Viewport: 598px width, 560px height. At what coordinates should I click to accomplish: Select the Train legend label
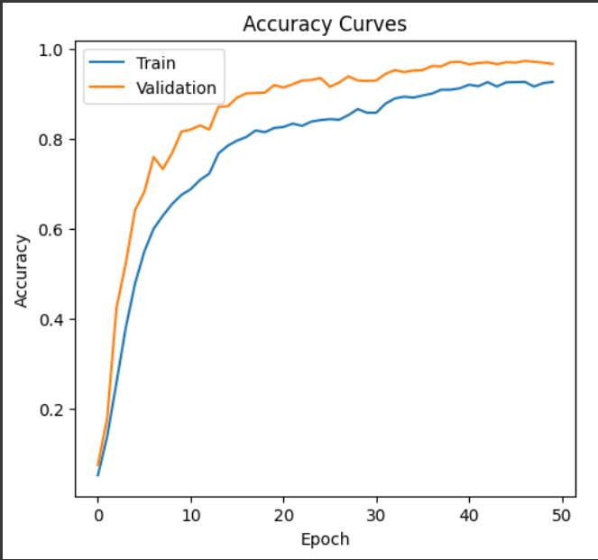(155, 63)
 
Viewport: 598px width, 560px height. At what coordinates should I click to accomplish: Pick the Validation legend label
(176, 87)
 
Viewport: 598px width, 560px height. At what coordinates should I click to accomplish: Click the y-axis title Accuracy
(22, 271)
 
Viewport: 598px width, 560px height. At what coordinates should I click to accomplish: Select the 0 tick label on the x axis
(97, 515)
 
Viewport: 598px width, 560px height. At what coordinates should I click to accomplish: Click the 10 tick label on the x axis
(190, 515)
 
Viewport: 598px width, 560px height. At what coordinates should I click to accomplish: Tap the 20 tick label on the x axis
(283, 515)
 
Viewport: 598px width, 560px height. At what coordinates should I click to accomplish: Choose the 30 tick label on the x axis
(376, 515)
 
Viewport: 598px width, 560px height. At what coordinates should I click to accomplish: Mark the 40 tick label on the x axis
(469, 515)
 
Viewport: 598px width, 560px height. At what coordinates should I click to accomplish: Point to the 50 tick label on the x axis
(561, 515)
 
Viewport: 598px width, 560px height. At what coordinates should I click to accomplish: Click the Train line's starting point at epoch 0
(97, 474)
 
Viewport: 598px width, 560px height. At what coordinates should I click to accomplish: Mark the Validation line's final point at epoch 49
(553, 64)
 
